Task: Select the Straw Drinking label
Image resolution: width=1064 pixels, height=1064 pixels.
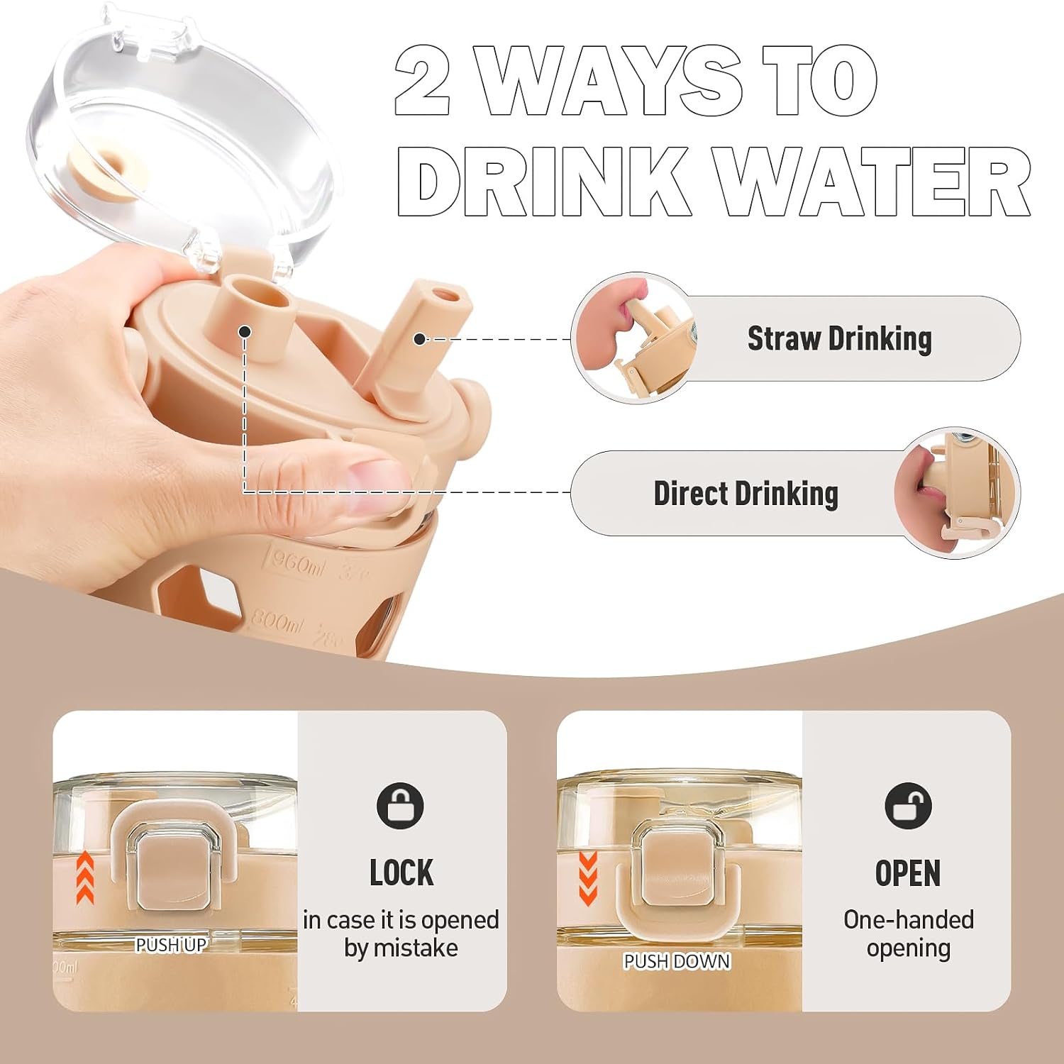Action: tap(840, 339)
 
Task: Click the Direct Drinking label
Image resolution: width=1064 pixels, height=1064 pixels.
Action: tap(746, 494)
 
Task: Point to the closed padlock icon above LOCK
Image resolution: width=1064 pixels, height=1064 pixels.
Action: tap(400, 806)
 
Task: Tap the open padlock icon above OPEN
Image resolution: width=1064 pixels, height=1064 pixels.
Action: tap(908, 806)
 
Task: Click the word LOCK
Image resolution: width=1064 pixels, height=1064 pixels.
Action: tap(401, 873)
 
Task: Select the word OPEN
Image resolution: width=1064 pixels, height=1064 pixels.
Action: tap(908, 873)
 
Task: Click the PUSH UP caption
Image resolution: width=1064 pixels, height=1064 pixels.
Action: tap(171, 945)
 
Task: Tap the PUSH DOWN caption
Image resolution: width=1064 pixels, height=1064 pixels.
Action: tap(677, 961)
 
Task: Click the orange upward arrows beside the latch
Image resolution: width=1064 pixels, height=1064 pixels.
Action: tap(85, 877)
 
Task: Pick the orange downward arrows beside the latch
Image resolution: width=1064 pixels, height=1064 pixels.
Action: tap(589, 879)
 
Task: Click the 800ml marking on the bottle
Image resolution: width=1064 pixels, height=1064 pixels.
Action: tap(277, 622)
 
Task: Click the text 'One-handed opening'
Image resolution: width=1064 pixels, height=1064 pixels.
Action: tap(909, 933)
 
